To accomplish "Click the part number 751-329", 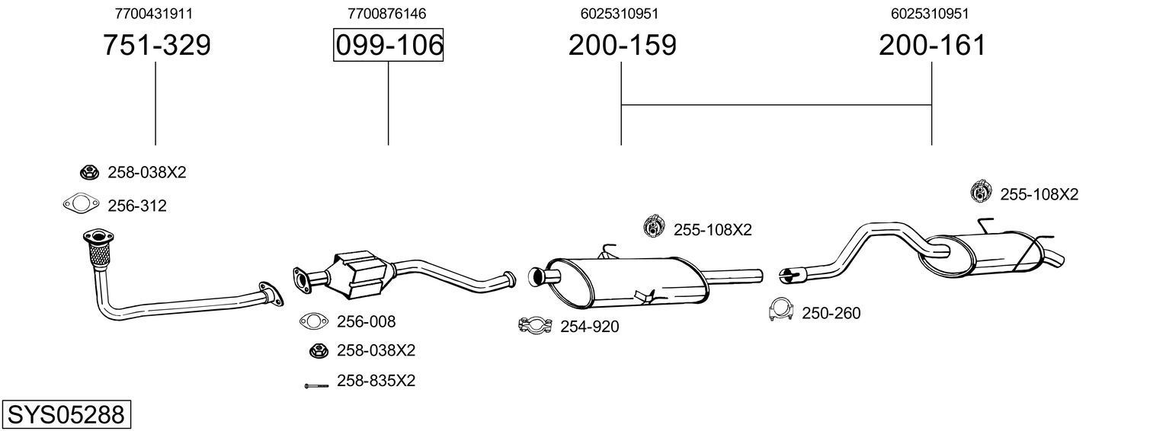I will (156, 46).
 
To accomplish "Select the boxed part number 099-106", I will (388, 46).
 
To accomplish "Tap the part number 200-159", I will (621, 46).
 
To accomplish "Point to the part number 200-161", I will (931, 46).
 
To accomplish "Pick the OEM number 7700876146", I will (386, 14).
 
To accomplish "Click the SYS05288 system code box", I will (66, 415).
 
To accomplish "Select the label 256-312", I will (137, 206).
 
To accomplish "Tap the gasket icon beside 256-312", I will (81, 204).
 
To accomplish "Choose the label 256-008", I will (366, 321).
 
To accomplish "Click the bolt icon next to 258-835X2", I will (316, 386).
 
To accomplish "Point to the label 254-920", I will (589, 327).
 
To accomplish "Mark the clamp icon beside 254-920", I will (535, 326).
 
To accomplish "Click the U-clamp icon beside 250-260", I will (781, 310).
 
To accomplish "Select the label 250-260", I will (831, 313).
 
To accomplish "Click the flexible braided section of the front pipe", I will (97, 252).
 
